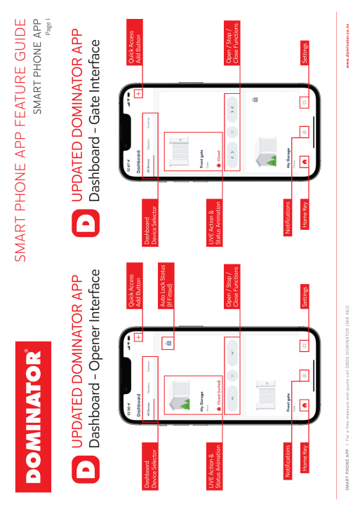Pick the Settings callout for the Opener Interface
[x=305, y=294]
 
